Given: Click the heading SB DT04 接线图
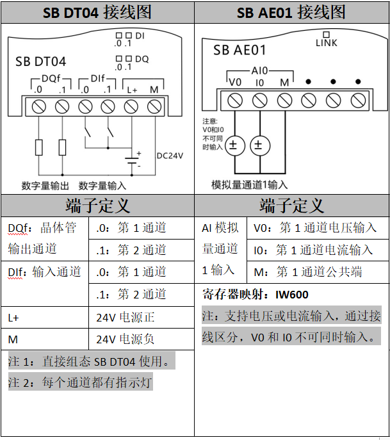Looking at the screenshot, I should pos(97,12).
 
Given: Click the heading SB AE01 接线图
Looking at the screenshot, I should pos(291,12).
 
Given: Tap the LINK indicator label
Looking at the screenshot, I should pos(326,43).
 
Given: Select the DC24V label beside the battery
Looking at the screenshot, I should pos(170,156).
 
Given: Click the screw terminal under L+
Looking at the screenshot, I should pos(131,106).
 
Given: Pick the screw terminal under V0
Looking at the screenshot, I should pos(235,100).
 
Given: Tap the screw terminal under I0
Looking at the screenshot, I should pos(259,100).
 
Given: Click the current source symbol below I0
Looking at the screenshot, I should pos(258,145).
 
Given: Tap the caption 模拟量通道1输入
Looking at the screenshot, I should pos(250,185).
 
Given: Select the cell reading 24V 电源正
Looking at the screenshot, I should pos(126,317).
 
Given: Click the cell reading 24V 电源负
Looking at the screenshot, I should pos(126,339).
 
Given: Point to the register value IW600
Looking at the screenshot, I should pos(291,295).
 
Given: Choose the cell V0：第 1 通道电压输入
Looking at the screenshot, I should pos(314,228).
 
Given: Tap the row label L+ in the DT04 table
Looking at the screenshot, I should pos(14,317).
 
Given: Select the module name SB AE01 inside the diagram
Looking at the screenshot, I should pos(240,50).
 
